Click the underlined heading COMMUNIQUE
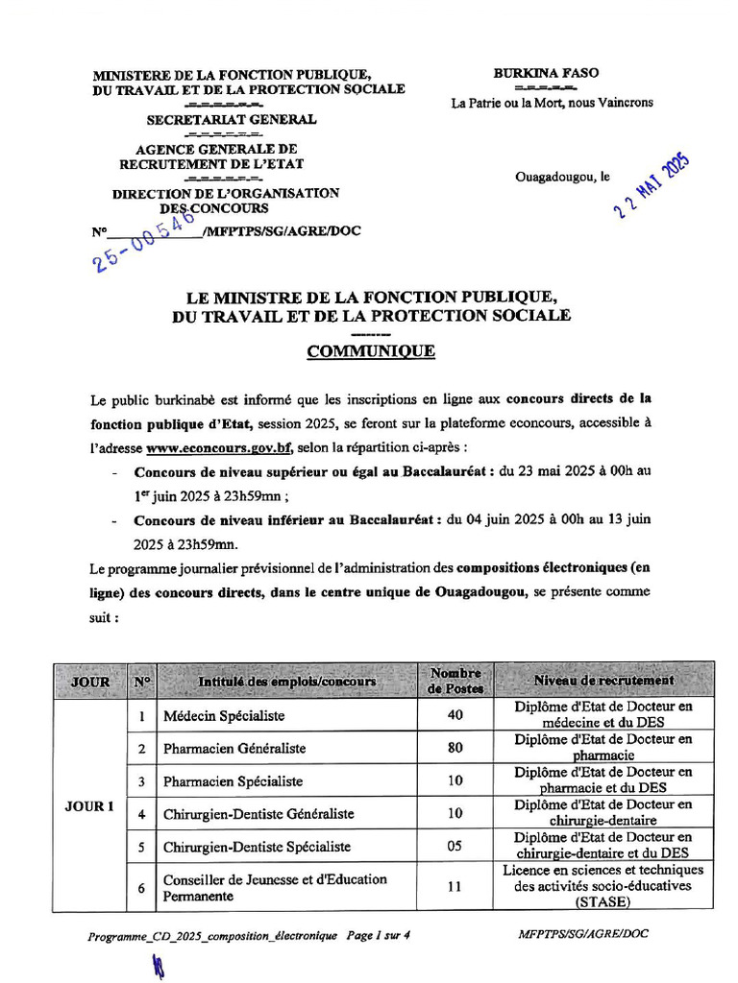pyautogui.click(x=370, y=352)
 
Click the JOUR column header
pyautogui.click(x=90, y=682)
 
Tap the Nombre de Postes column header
pyautogui.click(x=455, y=681)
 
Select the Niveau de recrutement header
pyautogui.click(x=603, y=681)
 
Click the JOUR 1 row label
pyautogui.click(x=89, y=806)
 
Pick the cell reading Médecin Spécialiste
pyautogui.click(x=224, y=716)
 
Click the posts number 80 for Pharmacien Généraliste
pyautogui.click(x=455, y=748)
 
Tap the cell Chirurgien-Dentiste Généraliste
pyautogui.click(x=258, y=814)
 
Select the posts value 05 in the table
pyautogui.click(x=455, y=847)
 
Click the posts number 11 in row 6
pyautogui.click(x=455, y=888)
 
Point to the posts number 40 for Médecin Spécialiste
pyautogui.click(x=455, y=715)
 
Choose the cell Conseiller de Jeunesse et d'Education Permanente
pyautogui.click(x=275, y=888)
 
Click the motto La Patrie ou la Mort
pyautogui.click(x=552, y=103)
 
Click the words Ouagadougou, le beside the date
pyautogui.click(x=562, y=178)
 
